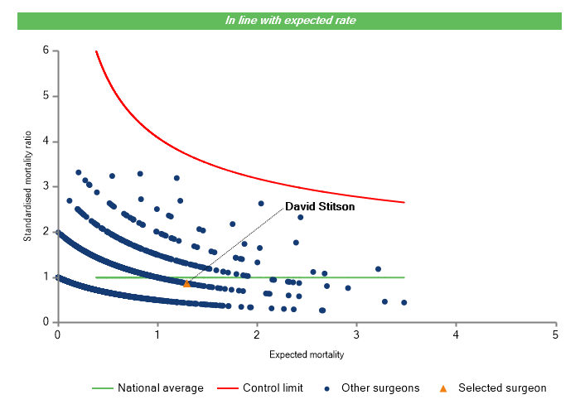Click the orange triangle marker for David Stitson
186,283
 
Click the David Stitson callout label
320,207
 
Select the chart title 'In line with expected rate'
290,20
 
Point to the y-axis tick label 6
46,51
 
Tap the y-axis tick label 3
46,186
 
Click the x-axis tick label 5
555,335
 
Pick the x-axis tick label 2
257,335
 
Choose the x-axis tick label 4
456,335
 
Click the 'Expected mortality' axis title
307,354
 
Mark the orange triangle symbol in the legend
443,388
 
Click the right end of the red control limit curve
404,202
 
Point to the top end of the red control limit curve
96,51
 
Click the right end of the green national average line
404,277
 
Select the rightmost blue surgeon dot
404,302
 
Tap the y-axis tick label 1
46,277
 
